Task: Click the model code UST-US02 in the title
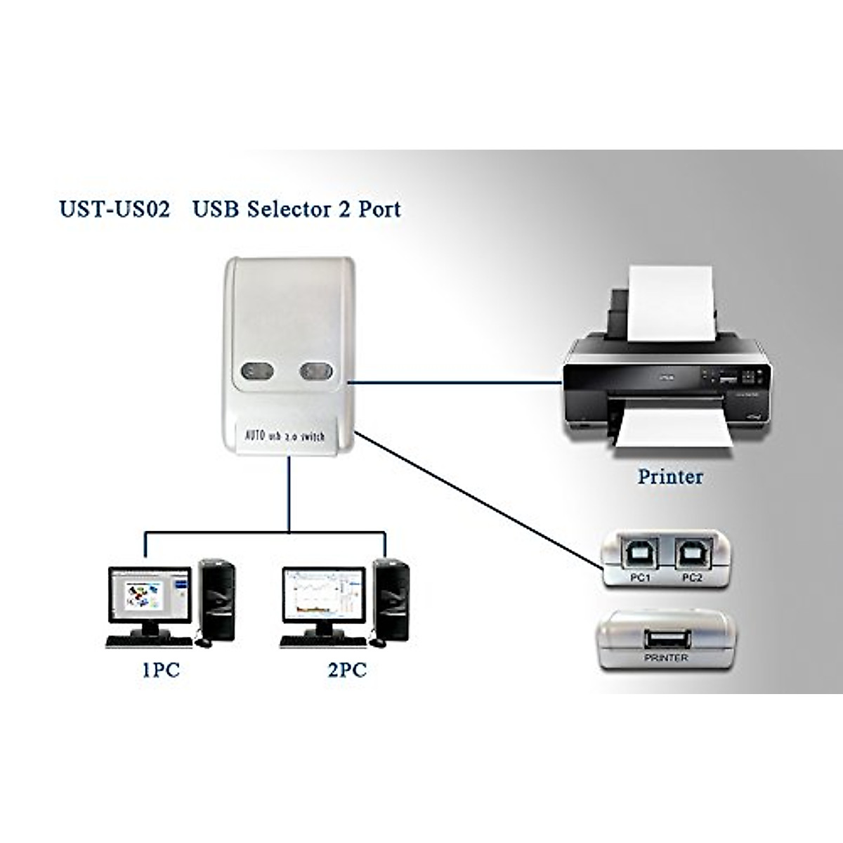click(115, 209)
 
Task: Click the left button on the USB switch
click(256, 372)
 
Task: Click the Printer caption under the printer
click(669, 476)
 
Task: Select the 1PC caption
click(160, 670)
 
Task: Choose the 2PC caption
click(347, 670)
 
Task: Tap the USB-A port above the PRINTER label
click(666, 641)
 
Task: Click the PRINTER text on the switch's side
click(665, 658)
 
